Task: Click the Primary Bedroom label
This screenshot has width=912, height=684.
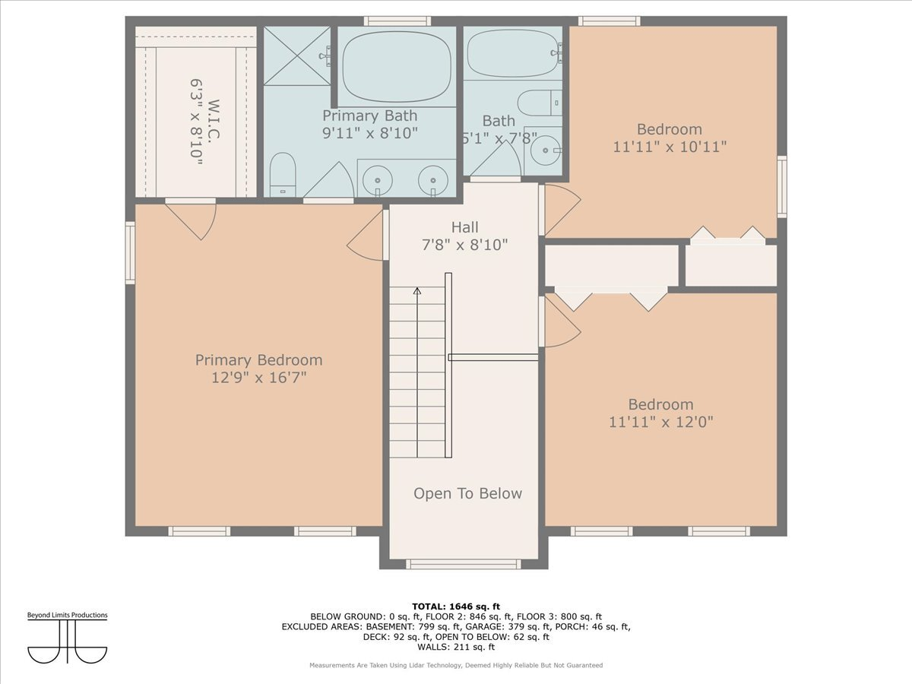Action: click(x=258, y=360)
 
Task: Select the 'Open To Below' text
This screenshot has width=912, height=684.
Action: click(x=467, y=494)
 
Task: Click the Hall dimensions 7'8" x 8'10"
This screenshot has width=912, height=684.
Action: click(x=464, y=245)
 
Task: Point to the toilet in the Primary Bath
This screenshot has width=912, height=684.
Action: click(x=283, y=174)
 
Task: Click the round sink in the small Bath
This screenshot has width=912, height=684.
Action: click(x=544, y=151)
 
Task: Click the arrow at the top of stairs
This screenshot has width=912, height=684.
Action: click(x=416, y=291)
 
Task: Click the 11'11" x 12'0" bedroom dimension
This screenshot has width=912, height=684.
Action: click(x=660, y=421)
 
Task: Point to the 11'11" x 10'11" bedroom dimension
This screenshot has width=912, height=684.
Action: click(x=670, y=147)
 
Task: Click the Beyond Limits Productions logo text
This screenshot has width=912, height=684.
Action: click(x=68, y=615)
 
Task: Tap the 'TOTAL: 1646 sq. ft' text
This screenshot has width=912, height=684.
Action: click(x=456, y=606)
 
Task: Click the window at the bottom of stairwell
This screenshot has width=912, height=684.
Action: click(x=463, y=564)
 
